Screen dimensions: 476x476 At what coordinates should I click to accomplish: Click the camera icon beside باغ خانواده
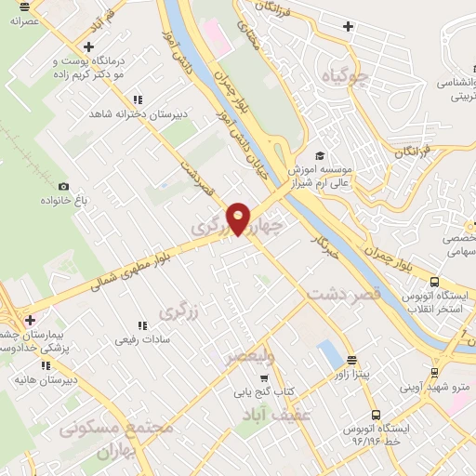(x=63, y=186)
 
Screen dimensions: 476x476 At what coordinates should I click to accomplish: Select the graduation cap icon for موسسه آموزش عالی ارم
(x=320, y=156)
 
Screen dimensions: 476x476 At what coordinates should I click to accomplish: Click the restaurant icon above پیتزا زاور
(x=351, y=359)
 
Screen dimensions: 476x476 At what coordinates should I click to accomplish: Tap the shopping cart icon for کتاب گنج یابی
(x=264, y=378)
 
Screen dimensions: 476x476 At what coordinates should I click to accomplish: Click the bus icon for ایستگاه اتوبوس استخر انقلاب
(x=434, y=282)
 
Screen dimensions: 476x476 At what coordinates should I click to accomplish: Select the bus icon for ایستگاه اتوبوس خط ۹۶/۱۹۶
(x=375, y=415)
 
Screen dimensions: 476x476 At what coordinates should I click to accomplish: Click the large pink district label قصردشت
(x=340, y=294)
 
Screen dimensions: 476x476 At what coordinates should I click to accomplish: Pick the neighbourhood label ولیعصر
(x=251, y=355)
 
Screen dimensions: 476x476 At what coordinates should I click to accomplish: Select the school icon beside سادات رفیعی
(x=141, y=325)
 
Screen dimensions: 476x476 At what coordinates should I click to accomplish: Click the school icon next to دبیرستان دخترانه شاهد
(x=138, y=99)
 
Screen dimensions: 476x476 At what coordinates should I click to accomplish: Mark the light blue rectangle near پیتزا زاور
(x=328, y=354)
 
